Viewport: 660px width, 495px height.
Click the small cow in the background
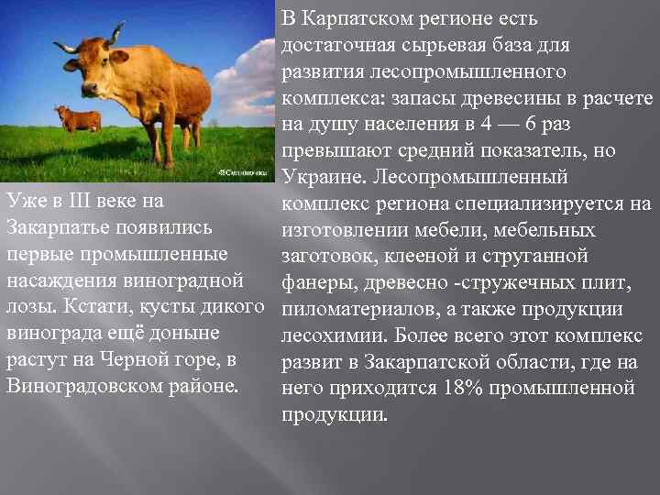(x=77, y=118)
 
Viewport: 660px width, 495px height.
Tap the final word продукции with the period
(x=335, y=414)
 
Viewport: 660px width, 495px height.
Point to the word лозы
(x=27, y=305)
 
